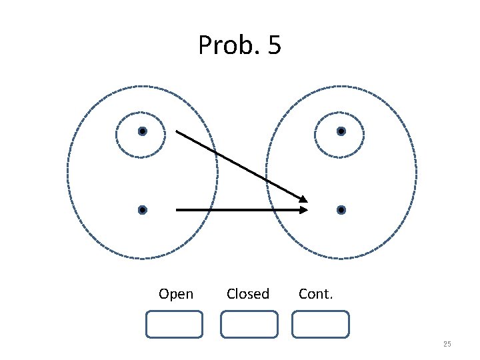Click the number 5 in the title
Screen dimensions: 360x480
click(x=273, y=45)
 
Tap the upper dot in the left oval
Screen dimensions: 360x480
click(x=143, y=131)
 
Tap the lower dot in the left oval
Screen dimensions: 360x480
click(x=143, y=210)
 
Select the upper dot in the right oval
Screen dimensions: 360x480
click(x=341, y=131)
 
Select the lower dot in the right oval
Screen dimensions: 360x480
click(x=341, y=210)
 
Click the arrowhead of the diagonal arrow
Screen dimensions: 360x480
click(x=304, y=199)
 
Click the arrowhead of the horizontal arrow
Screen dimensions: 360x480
click(x=304, y=210)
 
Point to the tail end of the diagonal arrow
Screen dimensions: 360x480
click(x=177, y=131)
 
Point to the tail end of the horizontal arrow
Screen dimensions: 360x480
click(x=177, y=210)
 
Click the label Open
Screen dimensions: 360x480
click(x=176, y=294)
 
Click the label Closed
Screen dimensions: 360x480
click(x=248, y=294)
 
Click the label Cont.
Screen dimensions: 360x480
click(x=316, y=294)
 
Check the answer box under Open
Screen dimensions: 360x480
click(x=174, y=324)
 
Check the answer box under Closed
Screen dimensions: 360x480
click(x=249, y=324)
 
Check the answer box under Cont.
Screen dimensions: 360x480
click(x=321, y=324)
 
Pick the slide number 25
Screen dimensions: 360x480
click(x=447, y=344)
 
